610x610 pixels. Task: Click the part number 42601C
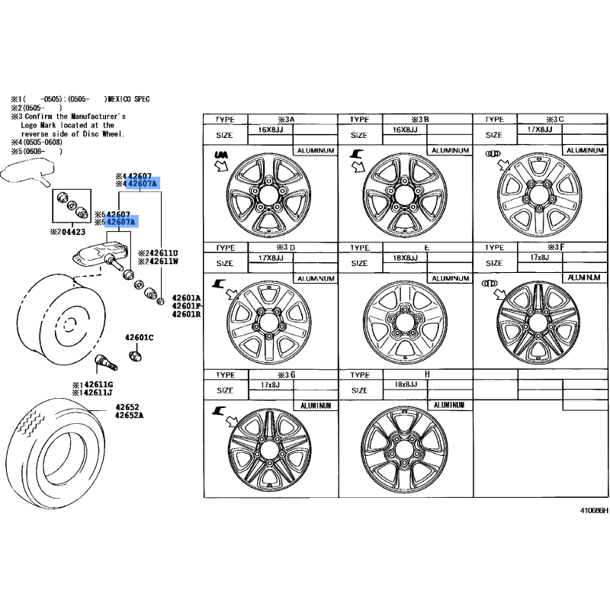click(140, 337)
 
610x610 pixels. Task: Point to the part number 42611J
click(95, 393)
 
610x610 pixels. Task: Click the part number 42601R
click(185, 314)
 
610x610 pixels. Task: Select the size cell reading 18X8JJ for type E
click(405, 258)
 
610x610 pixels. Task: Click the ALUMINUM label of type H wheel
click(449, 406)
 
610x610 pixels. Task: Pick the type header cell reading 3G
click(287, 375)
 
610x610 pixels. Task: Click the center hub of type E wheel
click(403, 321)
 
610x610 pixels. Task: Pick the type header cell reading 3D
click(287, 248)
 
